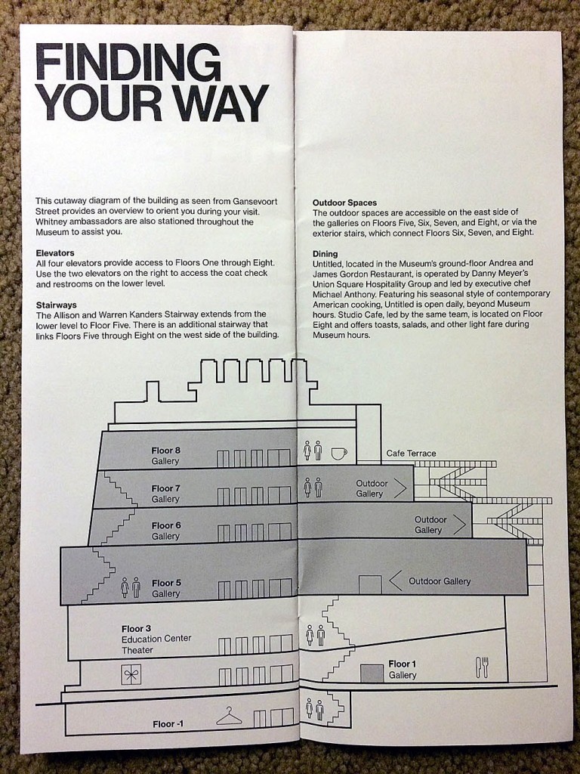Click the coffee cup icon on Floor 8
pos(338,453)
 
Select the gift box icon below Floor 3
pos(131,674)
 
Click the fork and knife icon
pos(482,667)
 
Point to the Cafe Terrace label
pos(411,454)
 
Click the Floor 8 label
pos(165,451)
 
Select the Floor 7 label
pos(166,488)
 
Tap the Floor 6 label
pos(166,525)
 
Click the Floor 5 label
pos(166,583)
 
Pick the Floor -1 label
pos(168,724)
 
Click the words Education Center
pos(156,639)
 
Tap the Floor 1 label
pos(403,664)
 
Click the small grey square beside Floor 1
pos(370,673)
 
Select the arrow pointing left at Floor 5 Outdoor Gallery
pos(395,581)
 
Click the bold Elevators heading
pos(54,252)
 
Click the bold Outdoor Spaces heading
pos(344,203)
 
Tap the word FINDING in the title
pos(122,63)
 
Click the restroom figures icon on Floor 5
pos(130,588)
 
